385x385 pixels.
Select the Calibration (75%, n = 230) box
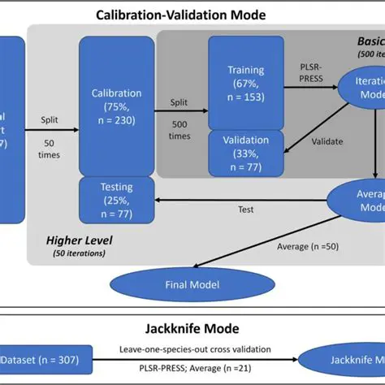[x=116, y=106]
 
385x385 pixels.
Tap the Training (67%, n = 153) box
[x=245, y=83]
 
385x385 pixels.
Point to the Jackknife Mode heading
[x=192, y=329]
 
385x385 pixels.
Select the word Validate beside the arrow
[x=328, y=141]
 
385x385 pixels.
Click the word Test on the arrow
[x=245, y=210]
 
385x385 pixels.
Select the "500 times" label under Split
[x=180, y=131]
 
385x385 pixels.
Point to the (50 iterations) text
[x=80, y=253]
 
